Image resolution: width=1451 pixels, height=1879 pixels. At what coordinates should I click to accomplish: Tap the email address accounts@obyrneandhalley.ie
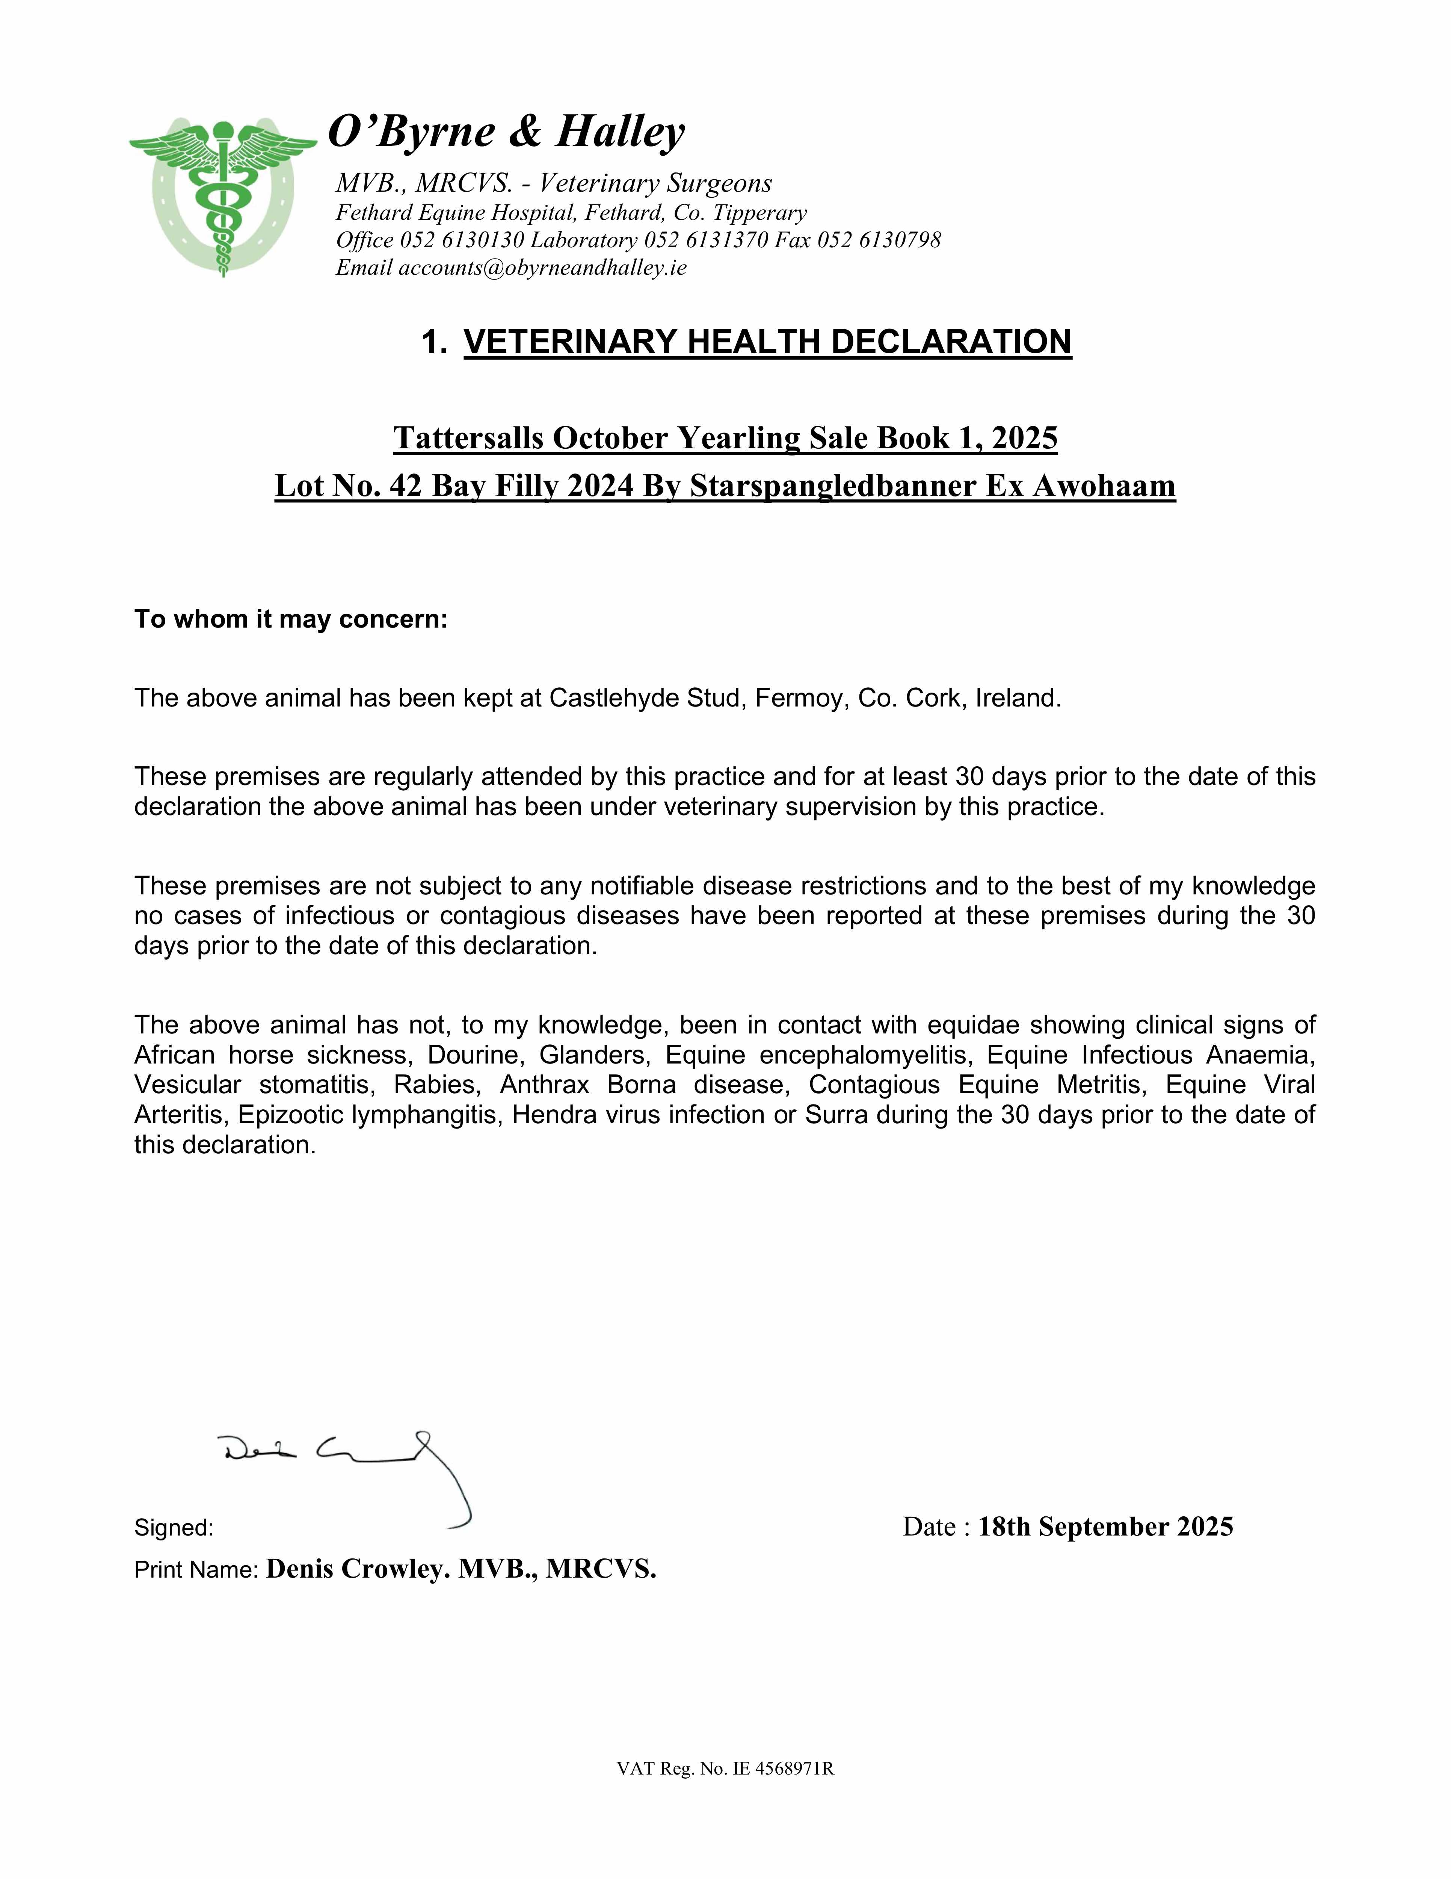[542, 268]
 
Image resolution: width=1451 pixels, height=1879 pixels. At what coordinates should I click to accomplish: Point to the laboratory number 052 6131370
[705, 240]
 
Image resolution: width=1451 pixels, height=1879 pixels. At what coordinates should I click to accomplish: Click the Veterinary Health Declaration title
[767, 342]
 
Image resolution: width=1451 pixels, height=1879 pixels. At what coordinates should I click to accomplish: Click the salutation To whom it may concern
[291, 619]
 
